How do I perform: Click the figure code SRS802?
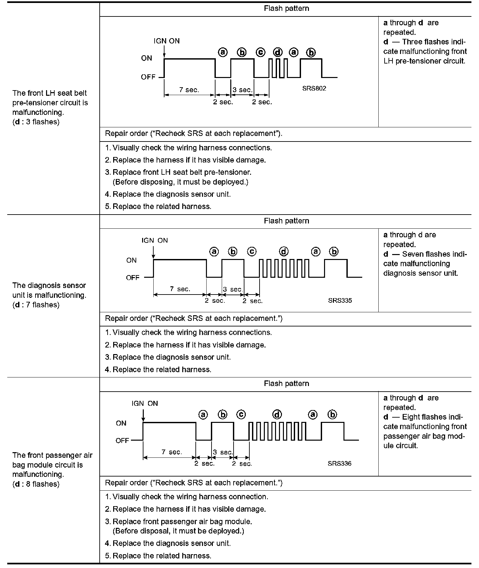coord(314,88)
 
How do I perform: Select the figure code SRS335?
coord(340,300)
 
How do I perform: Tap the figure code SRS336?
coord(340,463)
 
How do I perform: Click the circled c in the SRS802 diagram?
coord(261,52)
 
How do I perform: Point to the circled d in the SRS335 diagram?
coord(284,252)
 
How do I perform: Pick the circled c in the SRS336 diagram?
coord(241,415)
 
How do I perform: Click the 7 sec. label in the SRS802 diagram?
coord(189,90)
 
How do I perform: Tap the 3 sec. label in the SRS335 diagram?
coord(233,289)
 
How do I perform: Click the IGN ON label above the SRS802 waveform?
coord(167,41)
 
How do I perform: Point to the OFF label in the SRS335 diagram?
coord(133,277)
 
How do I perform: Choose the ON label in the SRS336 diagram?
coord(121,423)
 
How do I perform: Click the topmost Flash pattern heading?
coord(287,9)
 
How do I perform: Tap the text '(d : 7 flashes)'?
coord(36,305)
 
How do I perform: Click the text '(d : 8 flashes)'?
coord(36,484)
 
